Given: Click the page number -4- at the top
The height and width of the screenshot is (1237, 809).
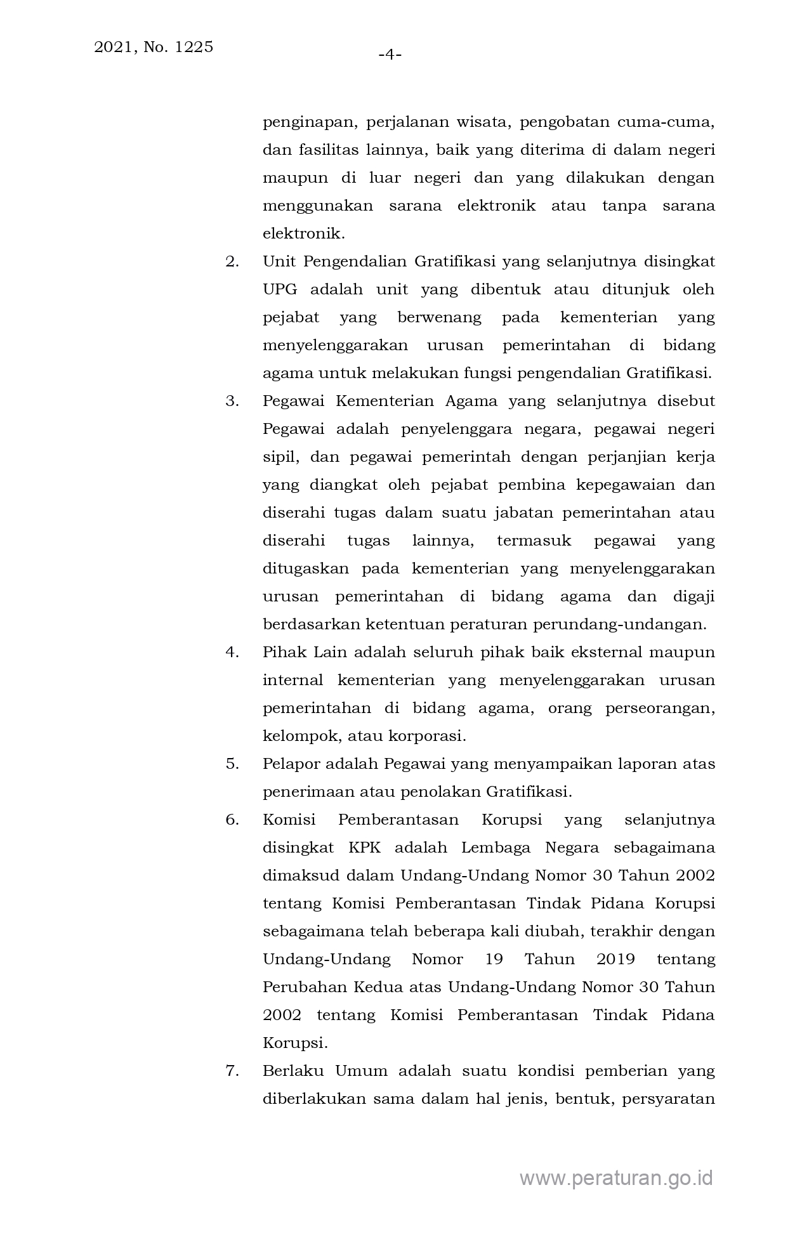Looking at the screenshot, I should click(390, 55).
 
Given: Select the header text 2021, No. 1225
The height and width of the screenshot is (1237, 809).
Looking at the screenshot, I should click(154, 47).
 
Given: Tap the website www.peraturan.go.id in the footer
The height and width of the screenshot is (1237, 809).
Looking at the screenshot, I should click(616, 1178).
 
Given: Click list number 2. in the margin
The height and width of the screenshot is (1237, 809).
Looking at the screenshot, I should click(232, 261).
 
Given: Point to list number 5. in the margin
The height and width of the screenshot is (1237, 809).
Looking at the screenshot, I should click(232, 764).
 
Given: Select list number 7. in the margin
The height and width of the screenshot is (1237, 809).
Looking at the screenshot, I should click(232, 1071).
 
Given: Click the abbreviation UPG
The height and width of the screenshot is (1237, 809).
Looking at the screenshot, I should click(279, 290).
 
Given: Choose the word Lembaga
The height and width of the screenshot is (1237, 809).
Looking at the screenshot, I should click(495, 848).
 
